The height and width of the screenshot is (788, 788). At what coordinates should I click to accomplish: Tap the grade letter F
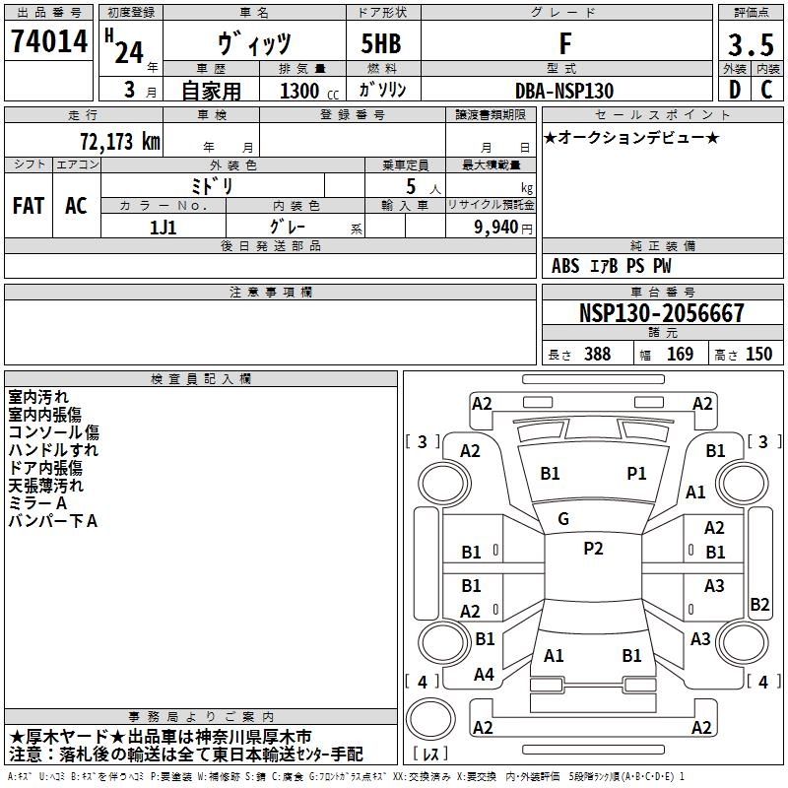[x=564, y=43]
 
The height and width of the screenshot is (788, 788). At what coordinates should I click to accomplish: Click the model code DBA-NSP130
[x=564, y=91]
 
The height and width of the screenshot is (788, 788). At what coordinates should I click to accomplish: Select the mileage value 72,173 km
[x=118, y=141]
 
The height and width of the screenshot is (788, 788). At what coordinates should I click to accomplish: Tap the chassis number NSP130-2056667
[x=662, y=314]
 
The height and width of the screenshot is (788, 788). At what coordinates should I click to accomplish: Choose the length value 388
[x=595, y=355]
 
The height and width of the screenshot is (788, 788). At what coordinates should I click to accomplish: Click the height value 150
[x=758, y=355]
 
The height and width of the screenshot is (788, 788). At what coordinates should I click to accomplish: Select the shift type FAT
[x=28, y=205]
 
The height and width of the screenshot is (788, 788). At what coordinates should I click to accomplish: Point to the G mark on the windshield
[x=563, y=518]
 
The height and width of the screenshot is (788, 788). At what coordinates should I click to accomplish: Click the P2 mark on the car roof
[x=593, y=549]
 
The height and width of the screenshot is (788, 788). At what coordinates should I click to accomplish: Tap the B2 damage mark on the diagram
[x=759, y=605]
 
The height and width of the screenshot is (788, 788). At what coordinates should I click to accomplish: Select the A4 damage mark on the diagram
[x=484, y=675]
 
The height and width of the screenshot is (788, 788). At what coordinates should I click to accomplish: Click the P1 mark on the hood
[x=636, y=474]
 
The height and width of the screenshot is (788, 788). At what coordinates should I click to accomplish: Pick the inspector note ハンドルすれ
[x=53, y=450]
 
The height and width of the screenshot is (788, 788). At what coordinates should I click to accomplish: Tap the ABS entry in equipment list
[x=565, y=266]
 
